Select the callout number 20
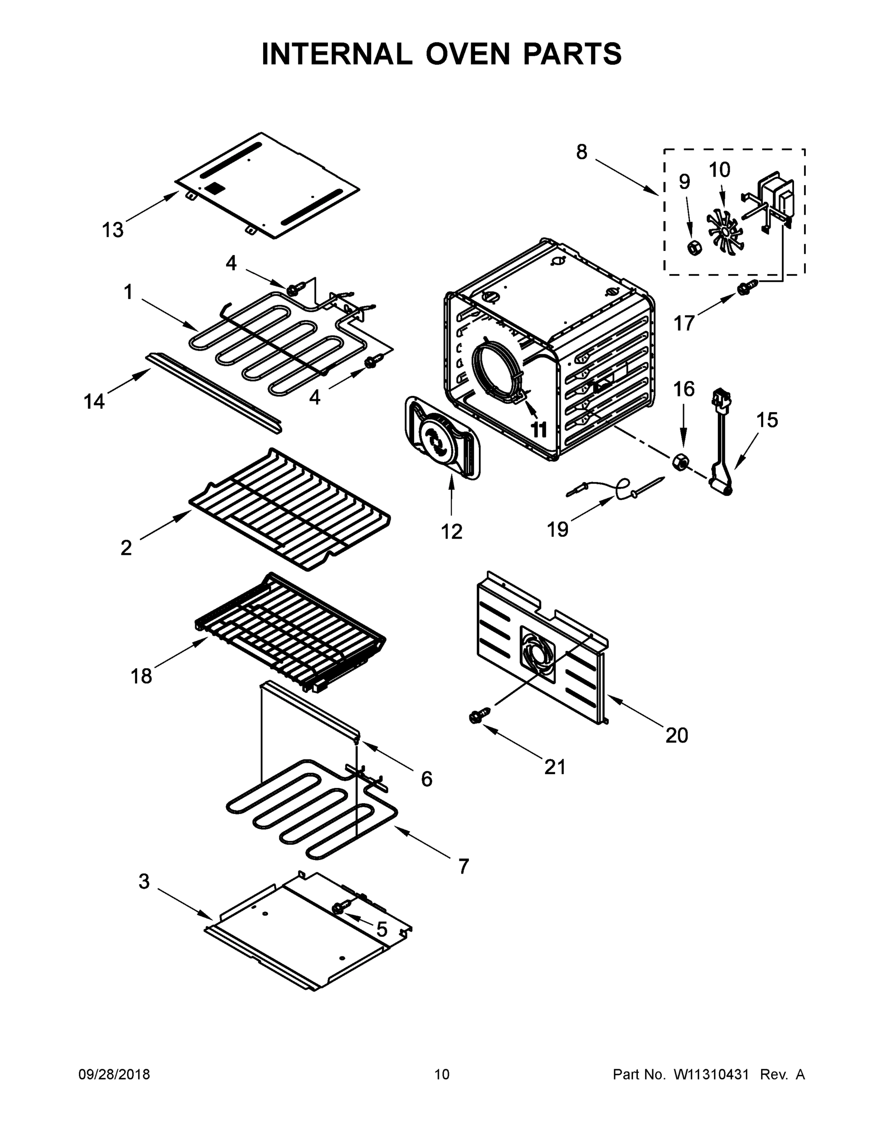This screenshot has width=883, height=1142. [676, 735]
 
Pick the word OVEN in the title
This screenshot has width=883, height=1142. [467, 54]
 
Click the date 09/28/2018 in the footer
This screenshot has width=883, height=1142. [114, 1074]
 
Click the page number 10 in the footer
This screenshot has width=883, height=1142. [442, 1074]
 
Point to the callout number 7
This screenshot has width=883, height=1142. [463, 866]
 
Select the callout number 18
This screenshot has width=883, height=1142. [141, 676]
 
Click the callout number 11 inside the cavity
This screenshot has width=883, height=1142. [539, 430]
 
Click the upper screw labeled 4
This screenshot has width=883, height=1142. [295, 287]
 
